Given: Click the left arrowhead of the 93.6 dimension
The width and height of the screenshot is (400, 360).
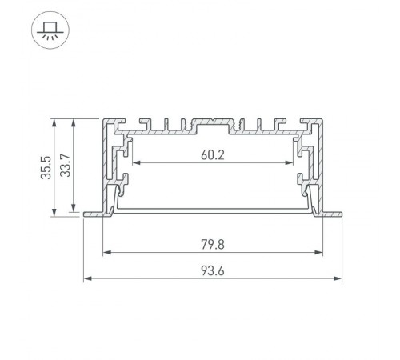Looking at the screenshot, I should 87,278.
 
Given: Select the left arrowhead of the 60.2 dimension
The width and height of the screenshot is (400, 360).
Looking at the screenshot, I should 134,163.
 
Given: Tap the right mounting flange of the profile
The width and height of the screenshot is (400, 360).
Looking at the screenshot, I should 332,214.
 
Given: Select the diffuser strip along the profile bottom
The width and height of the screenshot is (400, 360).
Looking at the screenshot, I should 212,207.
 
